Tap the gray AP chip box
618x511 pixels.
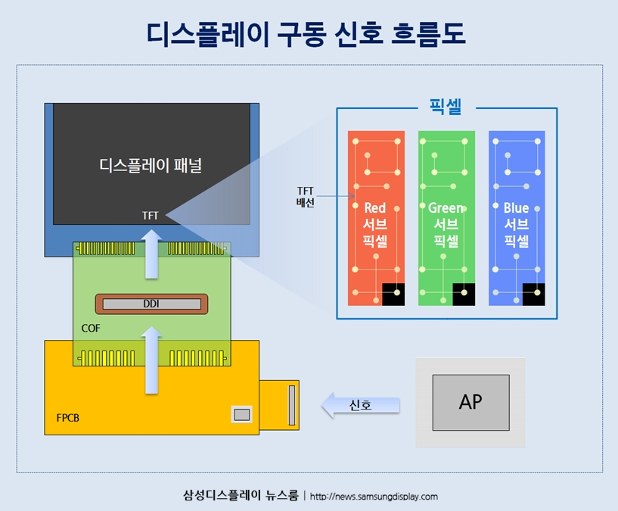pos(470,401)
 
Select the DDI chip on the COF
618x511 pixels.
pos(151,304)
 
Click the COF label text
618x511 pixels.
pos(91,329)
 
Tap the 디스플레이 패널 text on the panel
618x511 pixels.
pos(151,164)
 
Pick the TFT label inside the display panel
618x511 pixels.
pos(151,216)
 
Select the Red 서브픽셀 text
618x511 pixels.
pos(375,225)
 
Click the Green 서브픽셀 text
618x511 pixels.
pos(446,225)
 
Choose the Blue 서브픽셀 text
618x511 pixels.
pos(516,225)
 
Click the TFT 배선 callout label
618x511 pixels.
pos(306,196)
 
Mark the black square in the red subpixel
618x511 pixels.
pos(393,294)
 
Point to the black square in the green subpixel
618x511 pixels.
pos(464,294)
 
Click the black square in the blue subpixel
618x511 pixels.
pos(534,294)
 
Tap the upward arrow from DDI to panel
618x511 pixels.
pos(152,255)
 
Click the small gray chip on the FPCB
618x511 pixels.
pos(241,414)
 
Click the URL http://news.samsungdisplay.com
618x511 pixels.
pos(374,497)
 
